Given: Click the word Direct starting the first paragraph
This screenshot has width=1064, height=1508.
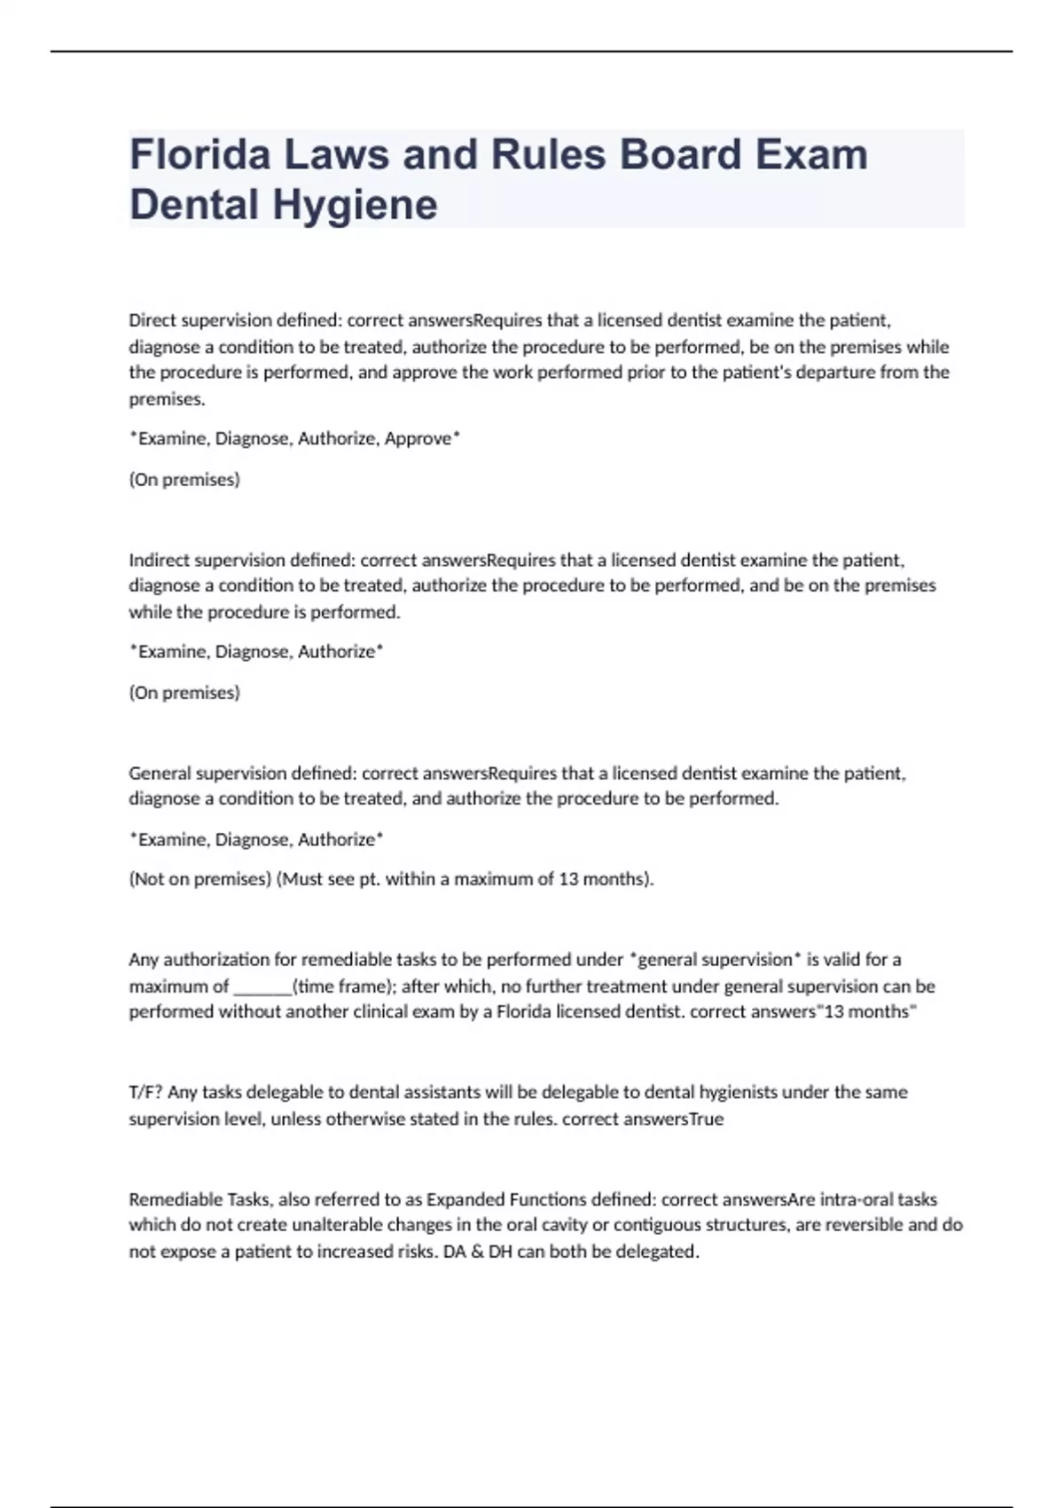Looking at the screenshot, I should tap(151, 320).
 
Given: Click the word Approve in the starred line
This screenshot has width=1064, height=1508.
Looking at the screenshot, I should tap(418, 438).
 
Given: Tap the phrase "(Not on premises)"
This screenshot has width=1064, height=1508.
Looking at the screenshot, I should tap(199, 879).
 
